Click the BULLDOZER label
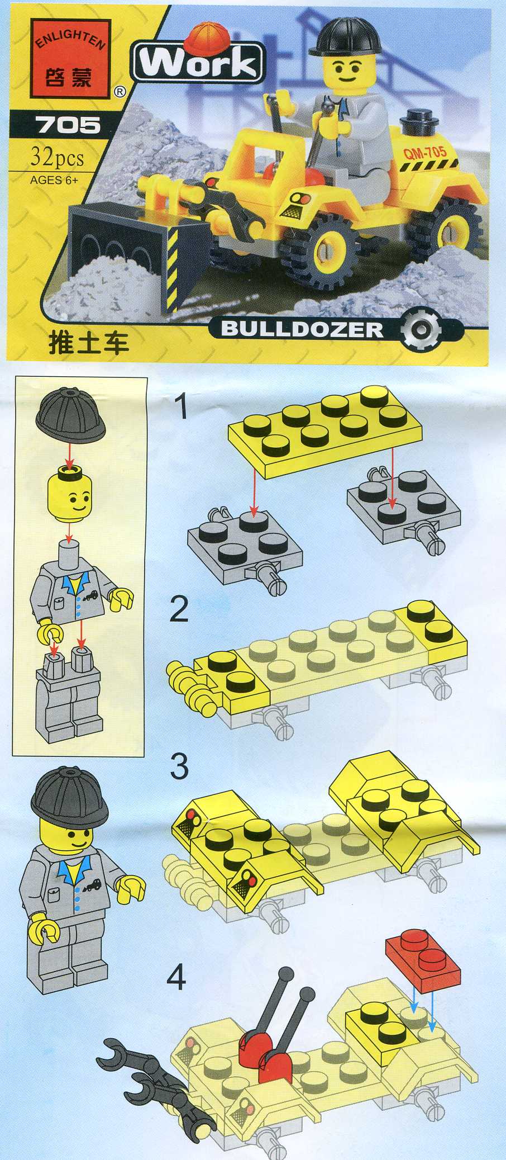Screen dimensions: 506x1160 [302, 328]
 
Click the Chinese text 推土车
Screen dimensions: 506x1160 [89, 342]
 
